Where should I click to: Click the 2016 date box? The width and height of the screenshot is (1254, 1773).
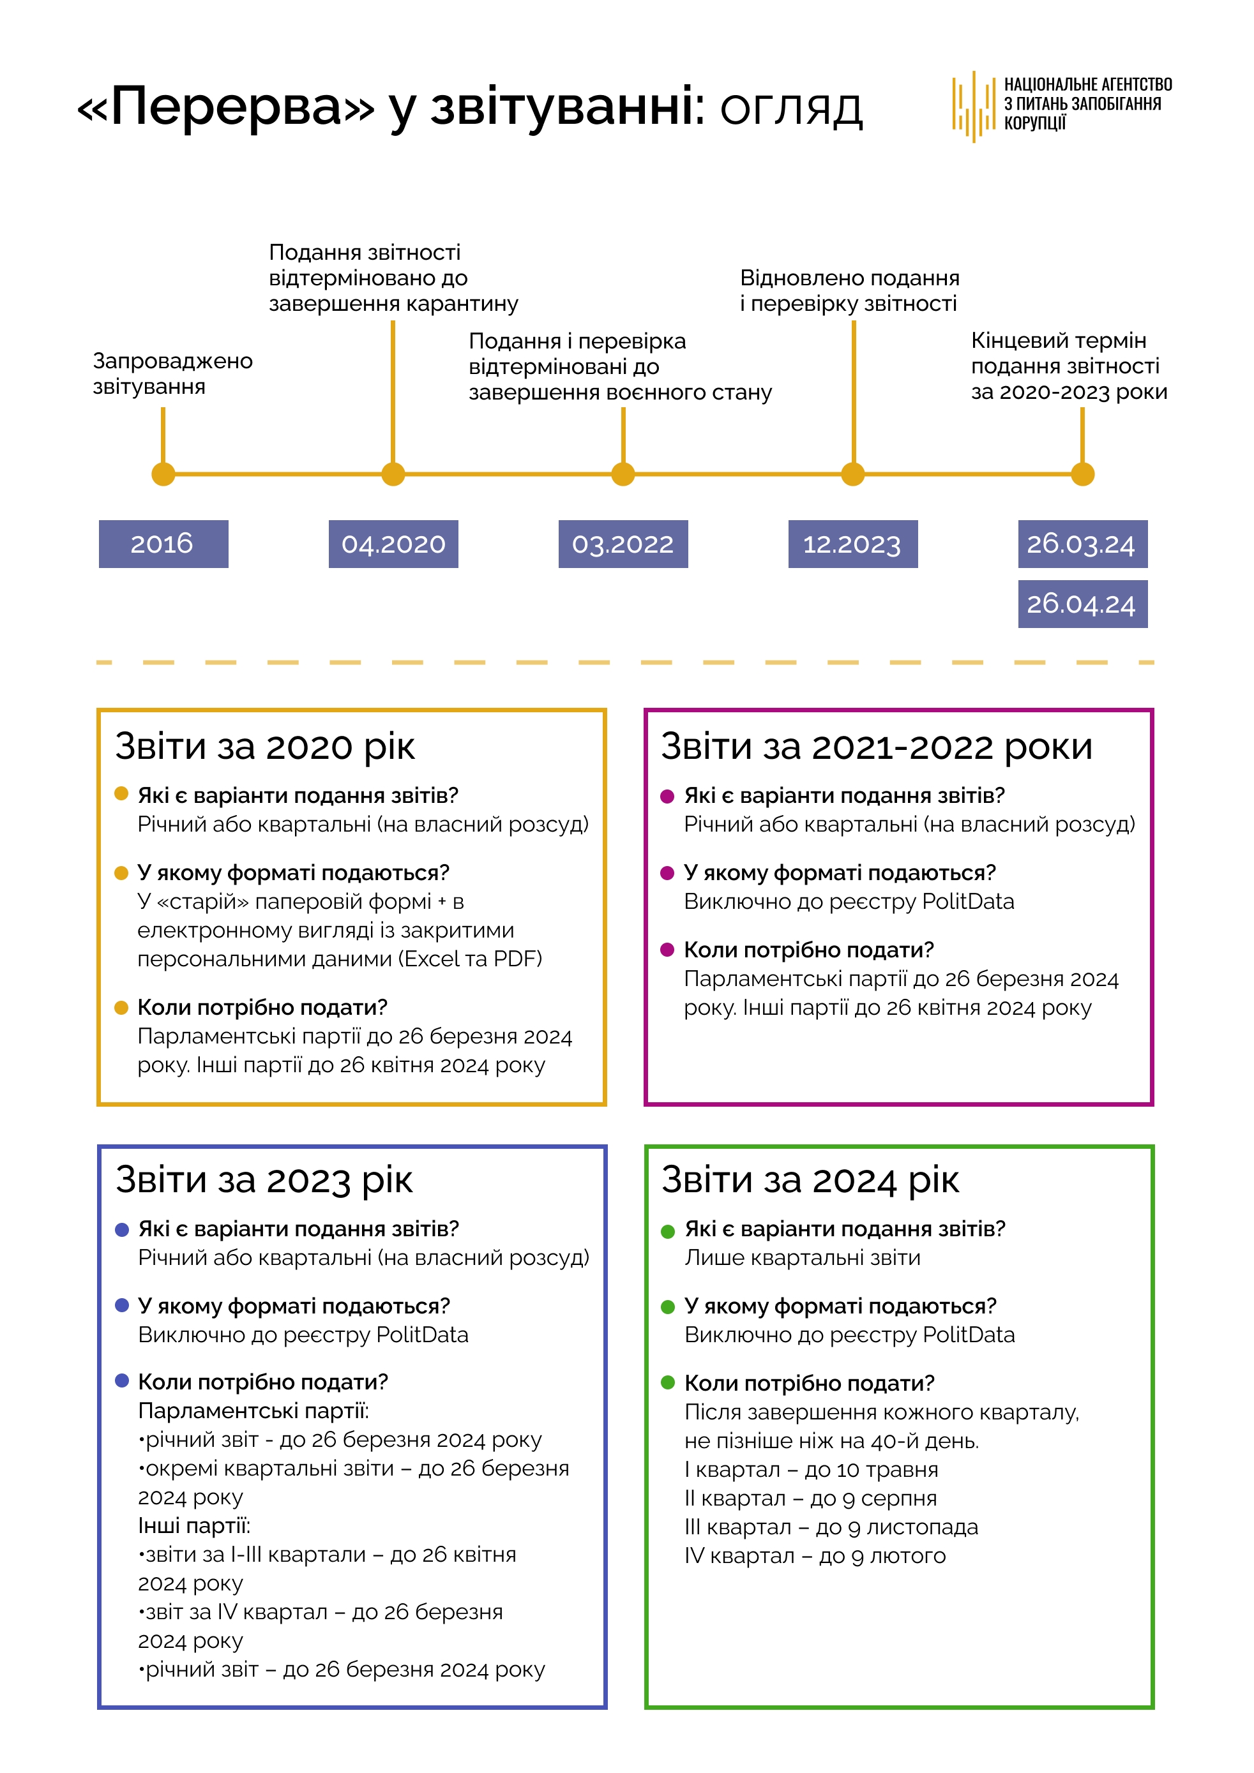click(x=163, y=544)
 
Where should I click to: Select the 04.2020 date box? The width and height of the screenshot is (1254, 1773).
click(x=393, y=544)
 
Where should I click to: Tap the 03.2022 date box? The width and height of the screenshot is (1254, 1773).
click(x=623, y=544)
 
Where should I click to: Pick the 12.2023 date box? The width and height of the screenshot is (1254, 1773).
click(x=852, y=544)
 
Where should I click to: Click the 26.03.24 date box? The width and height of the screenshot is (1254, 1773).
click(x=1082, y=544)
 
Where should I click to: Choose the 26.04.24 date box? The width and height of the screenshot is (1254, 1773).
click(x=1082, y=604)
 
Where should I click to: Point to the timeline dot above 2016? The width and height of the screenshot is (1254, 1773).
click(x=163, y=474)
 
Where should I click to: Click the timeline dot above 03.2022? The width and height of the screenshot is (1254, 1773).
click(x=623, y=474)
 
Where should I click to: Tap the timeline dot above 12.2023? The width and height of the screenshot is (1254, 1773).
click(x=852, y=474)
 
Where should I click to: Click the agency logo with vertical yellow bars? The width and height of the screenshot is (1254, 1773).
click(x=973, y=106)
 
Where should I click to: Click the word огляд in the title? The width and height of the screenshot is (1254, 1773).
click(x=791, y=108)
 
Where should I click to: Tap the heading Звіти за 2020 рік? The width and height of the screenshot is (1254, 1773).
click(x=264, y=747)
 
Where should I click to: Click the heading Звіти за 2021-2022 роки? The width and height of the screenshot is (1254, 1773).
click(x=876, y=747)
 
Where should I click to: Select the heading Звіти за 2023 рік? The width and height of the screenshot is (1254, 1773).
click(x=264, y=1180)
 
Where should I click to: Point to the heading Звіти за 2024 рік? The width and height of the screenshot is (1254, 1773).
click(x=810, y=1180)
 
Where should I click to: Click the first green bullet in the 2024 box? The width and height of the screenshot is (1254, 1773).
click(x=668, y=1231)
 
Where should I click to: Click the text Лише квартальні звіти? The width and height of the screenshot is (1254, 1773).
click(x=802, y=1258)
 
